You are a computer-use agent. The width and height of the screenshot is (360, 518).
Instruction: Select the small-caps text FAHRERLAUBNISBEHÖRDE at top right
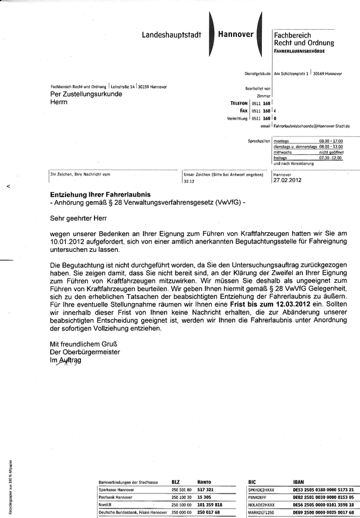[x=303, y=53]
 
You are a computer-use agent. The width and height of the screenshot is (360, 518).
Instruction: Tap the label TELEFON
[x=239, y=103]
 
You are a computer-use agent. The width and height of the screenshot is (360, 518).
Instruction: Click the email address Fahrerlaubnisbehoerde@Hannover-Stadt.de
[x=312, y=126]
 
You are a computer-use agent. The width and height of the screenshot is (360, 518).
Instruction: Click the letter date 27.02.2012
[x=286, y=180]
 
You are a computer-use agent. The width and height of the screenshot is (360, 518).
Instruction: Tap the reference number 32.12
[x=189, y=180]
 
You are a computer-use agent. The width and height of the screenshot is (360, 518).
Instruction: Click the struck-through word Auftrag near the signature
[x=71, y=360]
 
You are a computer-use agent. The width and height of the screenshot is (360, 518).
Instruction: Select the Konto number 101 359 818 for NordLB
[x=209, y=504]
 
